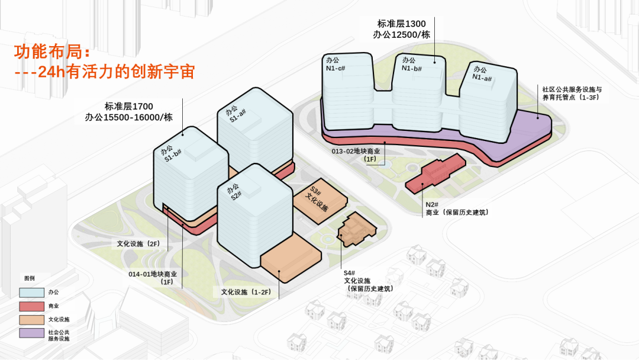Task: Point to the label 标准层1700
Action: click(x=128, y=106)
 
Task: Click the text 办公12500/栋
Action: click(x=401, y=35)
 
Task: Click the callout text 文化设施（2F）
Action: click(x=138, y=243)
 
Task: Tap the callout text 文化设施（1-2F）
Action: click(x=246, y=292)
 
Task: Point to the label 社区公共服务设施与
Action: click(x=572, y=89)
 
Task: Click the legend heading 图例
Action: click(x=30, y=278)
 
